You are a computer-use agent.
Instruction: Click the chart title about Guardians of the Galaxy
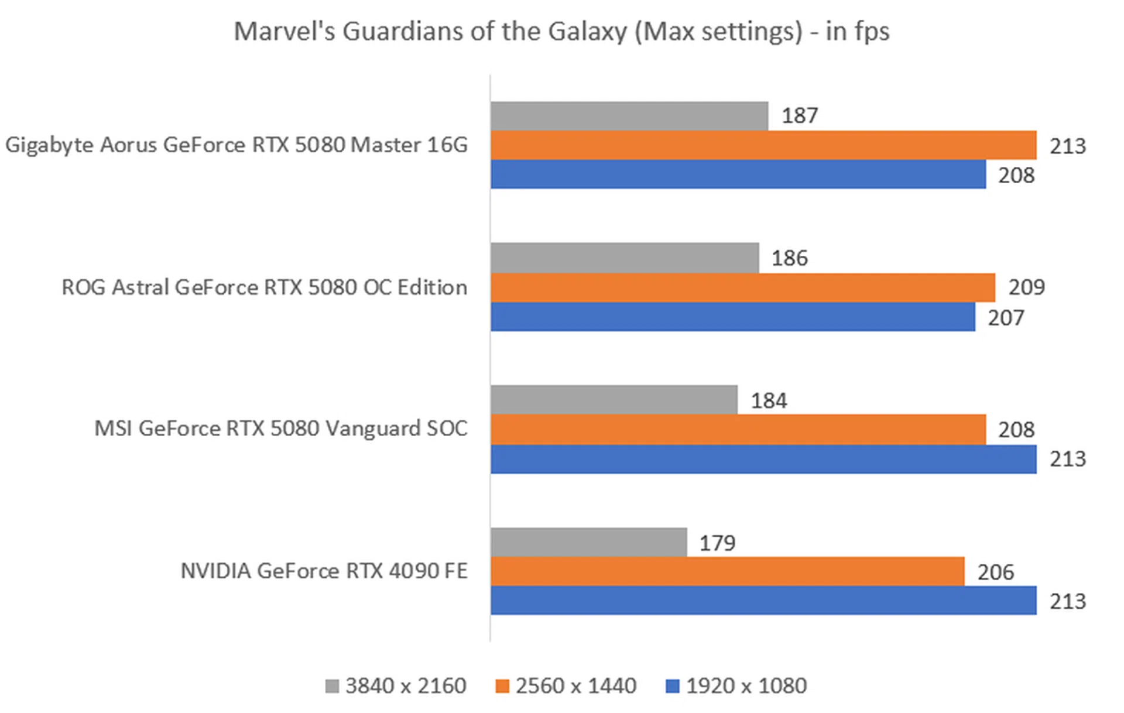click(x=561, y=32)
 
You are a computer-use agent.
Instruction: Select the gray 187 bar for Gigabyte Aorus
click(x=629, y=116)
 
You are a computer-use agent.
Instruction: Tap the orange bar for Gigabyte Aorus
click(x=763, y=145)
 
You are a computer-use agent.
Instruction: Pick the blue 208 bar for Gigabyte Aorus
click(x=738, y=174)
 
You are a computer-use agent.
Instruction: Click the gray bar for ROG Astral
click(x=625, y=258)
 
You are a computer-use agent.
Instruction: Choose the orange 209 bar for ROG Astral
click(x=743, y=287)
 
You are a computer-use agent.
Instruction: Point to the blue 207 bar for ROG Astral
click(x=733, y=317)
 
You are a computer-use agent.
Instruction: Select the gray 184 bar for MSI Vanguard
click(x=614, y=400)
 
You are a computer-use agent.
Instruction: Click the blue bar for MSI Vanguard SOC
click(x=763, y=459)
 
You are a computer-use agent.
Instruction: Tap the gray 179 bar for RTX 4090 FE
click(x=588, y=542)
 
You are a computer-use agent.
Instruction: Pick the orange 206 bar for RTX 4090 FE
click(x=727, y=571)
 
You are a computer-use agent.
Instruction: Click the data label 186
click(x=789, y=258)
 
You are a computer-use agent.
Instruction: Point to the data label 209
click(x=1026, y=287)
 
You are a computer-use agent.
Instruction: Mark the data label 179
click(x=717, y=543)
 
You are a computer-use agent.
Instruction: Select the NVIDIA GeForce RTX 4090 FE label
click(x=324, y=571)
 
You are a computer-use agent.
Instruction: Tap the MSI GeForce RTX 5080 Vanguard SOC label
click(x=281, y=429)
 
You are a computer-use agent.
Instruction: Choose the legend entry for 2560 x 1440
click(x=566, y=685)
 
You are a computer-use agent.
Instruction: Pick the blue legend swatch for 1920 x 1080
click(x=673, y=686)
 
